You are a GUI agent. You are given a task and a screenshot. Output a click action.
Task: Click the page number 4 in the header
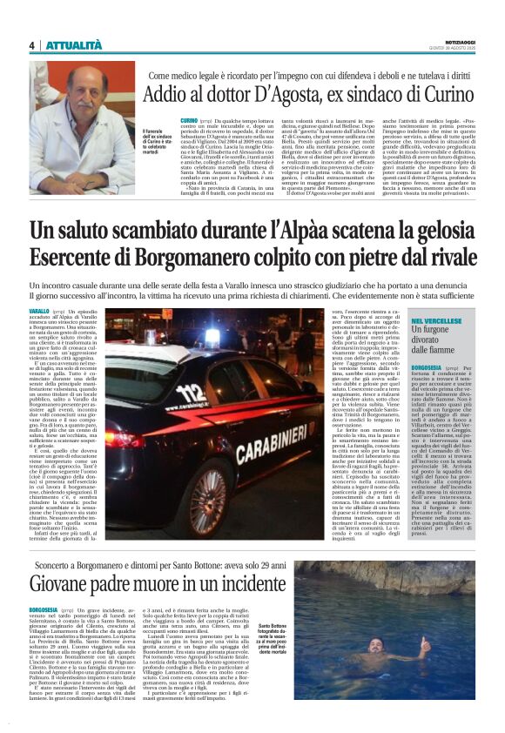click(x=31, y=45)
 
